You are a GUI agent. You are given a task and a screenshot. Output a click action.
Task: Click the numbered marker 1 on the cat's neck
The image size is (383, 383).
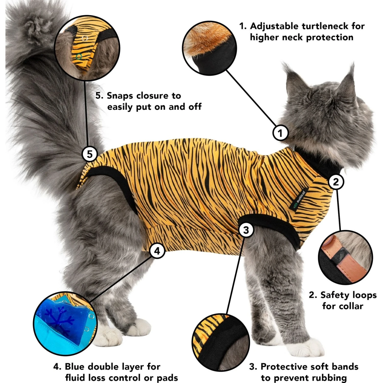(x=280, y=133)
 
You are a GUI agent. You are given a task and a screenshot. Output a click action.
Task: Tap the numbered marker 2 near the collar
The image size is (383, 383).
(x=336, y=182)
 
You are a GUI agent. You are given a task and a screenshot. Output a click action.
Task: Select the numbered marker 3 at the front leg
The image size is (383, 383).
(x=246, y=230)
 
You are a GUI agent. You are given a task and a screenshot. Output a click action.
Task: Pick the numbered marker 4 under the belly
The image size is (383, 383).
(x=157, y=251)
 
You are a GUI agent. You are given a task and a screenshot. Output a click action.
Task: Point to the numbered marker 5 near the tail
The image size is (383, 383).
(x=90, y=154)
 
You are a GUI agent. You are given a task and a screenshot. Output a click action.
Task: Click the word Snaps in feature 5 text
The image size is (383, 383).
(x=120, y=96)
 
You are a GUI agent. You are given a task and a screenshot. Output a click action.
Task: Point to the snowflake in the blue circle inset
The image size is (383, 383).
(x=59, y=319)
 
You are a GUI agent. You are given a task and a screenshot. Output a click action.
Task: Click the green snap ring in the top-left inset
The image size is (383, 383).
(x=79, y=57)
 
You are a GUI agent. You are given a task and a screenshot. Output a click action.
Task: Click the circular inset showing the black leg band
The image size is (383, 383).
(x=221, y=342)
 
